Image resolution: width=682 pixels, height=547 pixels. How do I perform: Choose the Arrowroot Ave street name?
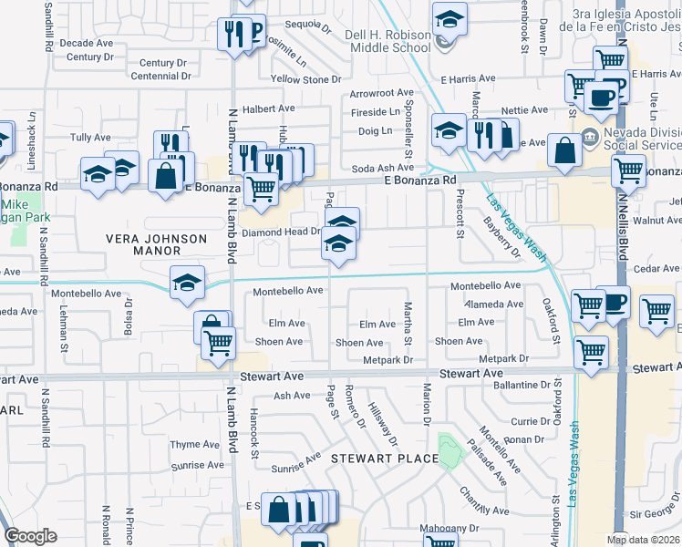coord(381,93)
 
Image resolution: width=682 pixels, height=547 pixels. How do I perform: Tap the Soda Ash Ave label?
coord(384,168)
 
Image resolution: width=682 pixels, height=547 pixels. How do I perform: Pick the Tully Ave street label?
coord(90,138)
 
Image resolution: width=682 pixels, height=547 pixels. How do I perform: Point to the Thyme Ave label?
coord(196,445)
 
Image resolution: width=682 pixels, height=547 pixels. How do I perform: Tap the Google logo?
coord(31,535)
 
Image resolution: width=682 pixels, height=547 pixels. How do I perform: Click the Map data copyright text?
coord(644,540)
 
